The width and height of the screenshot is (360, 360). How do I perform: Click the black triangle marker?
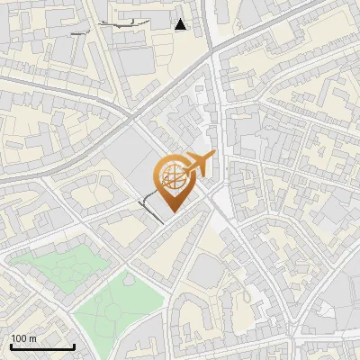tap(181, 25)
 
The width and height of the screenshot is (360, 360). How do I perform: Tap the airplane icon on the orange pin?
tap(197, 165)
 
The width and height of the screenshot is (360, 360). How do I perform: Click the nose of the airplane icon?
tap(213, 157)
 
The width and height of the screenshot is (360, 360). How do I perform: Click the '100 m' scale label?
tap(23, 338)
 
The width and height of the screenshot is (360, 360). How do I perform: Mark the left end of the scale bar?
tap(11, 346)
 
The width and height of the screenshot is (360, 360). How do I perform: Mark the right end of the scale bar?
tap(74, 346)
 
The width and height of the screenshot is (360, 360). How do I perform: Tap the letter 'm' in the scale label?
tap(32, 338)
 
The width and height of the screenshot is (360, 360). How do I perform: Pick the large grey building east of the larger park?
tap(207, 270)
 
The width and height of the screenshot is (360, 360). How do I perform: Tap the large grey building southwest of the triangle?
tap(135, 58)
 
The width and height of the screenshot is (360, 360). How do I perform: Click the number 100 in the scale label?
tap(19, 338)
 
